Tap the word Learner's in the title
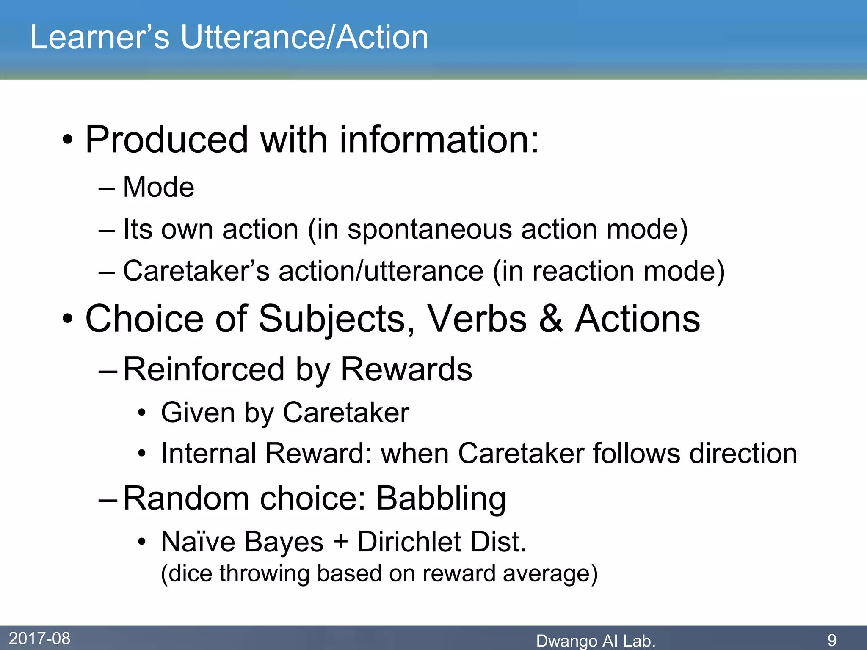coord(99,37)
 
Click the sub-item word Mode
coord(158,187)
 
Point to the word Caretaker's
coord(196,271)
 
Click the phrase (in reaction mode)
coord(609,271)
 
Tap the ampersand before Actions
coord(550,319)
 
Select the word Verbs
coord(477,319)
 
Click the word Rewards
coord(406,369)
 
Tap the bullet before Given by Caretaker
coord(142,413)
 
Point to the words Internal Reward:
coord(265,454)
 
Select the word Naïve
coord(198,542)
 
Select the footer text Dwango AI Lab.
coord(595,641)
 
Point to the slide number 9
coord(832,640)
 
